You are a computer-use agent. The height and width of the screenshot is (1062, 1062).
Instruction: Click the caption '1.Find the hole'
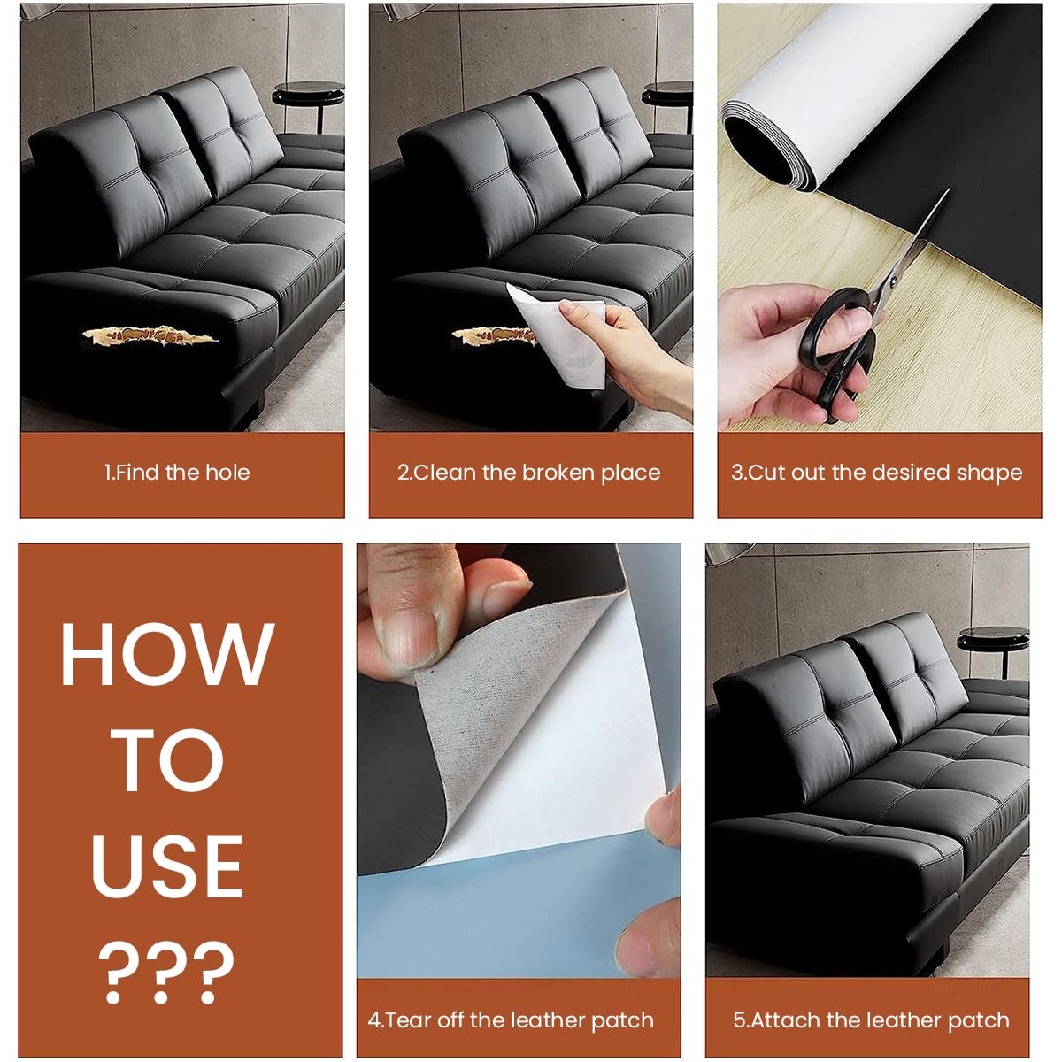pos(177,473)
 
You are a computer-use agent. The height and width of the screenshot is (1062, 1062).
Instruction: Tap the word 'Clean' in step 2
pos(445,473)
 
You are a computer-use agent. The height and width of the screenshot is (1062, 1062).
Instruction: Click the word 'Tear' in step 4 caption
pos(408,1020)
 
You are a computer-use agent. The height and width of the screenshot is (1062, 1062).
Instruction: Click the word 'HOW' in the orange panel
pos(166,655)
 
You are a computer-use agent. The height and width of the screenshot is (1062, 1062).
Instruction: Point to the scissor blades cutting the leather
pos(912,248)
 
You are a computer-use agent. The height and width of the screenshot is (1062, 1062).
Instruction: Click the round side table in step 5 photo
pos(993,639)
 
